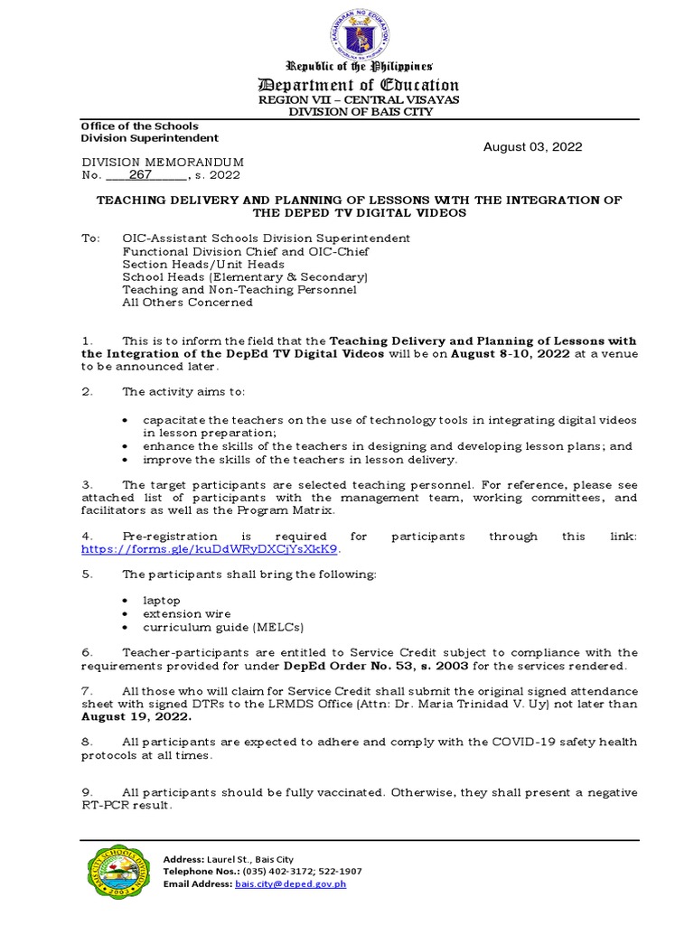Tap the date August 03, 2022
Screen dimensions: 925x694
point(532,147)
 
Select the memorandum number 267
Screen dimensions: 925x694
point(141,175)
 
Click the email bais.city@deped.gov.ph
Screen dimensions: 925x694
point(290,884)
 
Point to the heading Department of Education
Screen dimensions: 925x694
point(360,86)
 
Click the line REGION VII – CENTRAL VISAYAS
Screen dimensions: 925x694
point(360,99)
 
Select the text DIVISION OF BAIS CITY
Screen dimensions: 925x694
point(360,112)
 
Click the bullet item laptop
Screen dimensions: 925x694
point(162,600)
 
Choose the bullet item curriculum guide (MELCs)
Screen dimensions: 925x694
point(223,627)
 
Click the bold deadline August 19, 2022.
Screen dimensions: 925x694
point(136,716)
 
